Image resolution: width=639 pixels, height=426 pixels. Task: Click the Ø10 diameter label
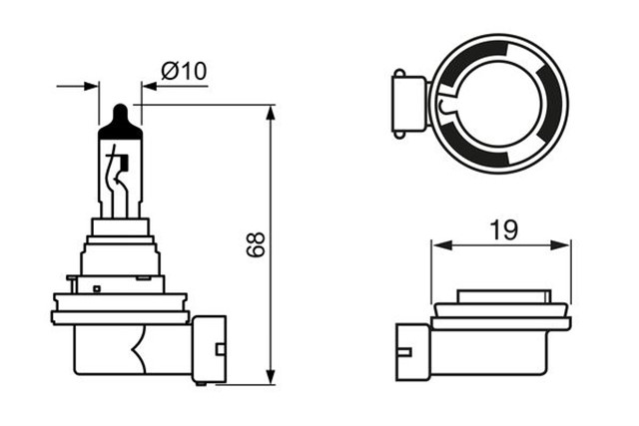tap(183, 71)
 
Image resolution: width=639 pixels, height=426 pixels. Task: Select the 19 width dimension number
tap(504, 230)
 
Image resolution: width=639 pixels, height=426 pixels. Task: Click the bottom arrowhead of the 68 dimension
tap(271, 376)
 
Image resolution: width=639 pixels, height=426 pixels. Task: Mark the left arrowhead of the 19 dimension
tap(437, 243)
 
